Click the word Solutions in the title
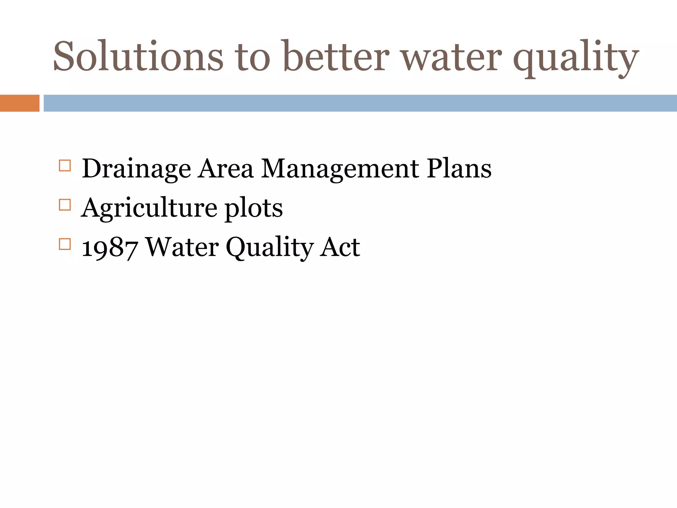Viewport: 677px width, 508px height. (x=138, y=56)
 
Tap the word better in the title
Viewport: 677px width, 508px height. (x=335, y=56)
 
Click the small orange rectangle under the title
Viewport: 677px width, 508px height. (x=20, y=103)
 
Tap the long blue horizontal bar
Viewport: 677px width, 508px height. (x=360, y=103)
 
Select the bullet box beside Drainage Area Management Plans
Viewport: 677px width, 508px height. (x=65, y=165)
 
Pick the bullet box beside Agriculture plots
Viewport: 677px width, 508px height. (x=65, y=205)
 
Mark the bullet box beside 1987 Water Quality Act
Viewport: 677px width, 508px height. (x=65, y=244)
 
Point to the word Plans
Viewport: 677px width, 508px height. (x=459, y=169)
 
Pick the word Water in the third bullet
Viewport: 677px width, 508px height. (x=182, y=247)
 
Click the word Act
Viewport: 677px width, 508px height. (x=340, y=247)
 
